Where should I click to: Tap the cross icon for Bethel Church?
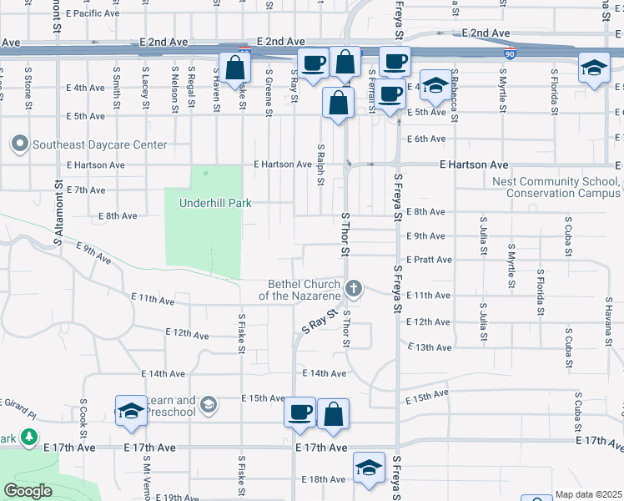coord(354,290)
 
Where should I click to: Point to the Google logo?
coord(28,491)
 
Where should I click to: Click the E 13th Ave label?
coord(429,347)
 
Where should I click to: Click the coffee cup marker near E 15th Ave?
coord(299,412)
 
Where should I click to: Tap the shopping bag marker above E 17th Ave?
coord(333,413)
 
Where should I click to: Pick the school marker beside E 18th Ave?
coord(368,468)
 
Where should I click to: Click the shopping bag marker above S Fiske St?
coord(235,67)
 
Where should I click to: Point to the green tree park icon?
coord(29,437)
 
